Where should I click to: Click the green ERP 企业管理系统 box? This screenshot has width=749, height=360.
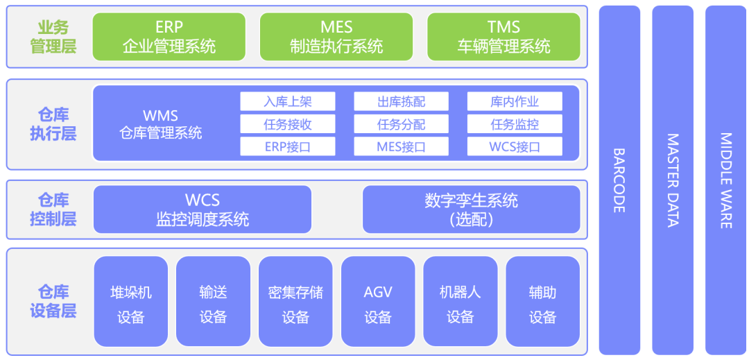point(169,37)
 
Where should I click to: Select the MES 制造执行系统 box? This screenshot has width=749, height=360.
point(336,37)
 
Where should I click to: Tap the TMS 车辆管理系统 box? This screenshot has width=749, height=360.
point(503,37)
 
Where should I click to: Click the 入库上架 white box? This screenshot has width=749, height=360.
point(288,101)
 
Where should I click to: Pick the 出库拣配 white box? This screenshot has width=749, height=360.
point(402,101)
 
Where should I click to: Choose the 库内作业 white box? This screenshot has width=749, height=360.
point(515,101)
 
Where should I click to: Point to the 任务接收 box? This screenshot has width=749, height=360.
point(288,124)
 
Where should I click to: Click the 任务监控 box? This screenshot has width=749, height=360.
point(515,124)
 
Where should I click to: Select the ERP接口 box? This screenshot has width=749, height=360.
point(288,146)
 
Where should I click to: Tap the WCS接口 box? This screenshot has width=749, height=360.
point(515,146)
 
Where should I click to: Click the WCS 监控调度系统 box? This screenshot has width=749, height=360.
point(203,209)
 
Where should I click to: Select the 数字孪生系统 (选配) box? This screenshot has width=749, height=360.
point(472,209)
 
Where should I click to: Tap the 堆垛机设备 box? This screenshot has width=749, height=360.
point(131,301)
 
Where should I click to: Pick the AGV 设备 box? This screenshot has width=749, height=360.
point(378,301)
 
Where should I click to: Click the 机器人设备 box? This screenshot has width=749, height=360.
point(460,301)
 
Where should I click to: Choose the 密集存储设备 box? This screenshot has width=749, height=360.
point(295,301)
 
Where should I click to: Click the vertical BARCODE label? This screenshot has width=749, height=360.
point(619,180)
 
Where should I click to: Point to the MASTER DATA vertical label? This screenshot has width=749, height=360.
point(673,180)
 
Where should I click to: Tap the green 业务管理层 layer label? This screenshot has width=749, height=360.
point(53,37)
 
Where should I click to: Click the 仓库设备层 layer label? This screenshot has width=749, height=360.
point(53,301)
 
